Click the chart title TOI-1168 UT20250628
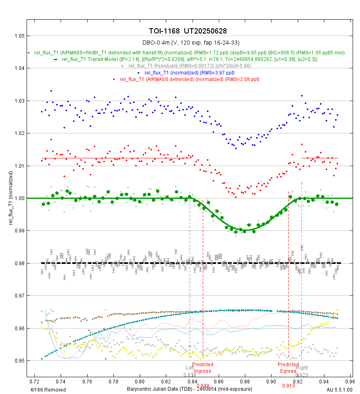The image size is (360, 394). [188, 31]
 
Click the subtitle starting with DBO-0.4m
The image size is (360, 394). [188, 43]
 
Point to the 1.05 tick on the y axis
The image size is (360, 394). [18, 36]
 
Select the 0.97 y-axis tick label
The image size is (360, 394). [18, 295]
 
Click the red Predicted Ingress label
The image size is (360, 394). [203, 367]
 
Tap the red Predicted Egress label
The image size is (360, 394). [288, 367]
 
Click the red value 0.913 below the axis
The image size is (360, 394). [288, 385]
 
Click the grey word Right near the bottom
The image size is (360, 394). [301, 367]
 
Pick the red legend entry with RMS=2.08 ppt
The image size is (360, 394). [190, 79]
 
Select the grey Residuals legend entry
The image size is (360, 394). [190, 66]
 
